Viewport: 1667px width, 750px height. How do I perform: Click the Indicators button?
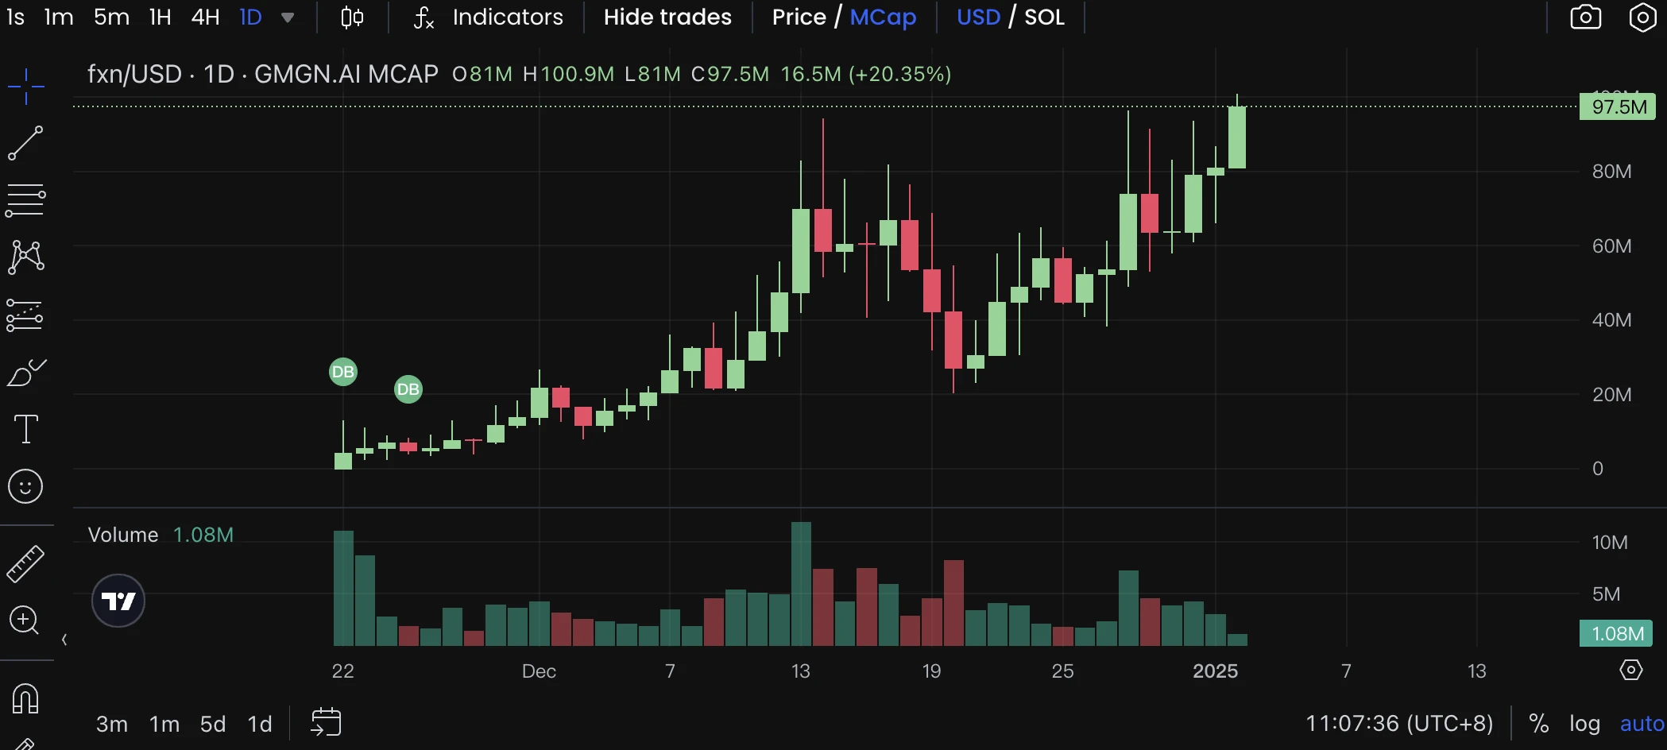tap(507, 17)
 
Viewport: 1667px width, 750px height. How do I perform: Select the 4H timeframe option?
tap(205, 17)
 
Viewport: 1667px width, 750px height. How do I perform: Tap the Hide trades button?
tap(667, 17)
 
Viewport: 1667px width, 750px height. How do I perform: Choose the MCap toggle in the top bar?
tap(883, 17)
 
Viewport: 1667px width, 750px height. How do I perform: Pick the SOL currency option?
tap(1044, 17)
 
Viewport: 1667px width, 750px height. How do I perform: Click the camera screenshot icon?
tap(1585, 17)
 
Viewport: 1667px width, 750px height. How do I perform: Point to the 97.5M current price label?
tap(1618, 107)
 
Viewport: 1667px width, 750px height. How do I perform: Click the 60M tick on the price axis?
tap(1611, 246)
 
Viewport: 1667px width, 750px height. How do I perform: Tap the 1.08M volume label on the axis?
tap(1616, 633)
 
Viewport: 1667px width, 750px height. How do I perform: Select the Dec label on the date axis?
tap(539, 671)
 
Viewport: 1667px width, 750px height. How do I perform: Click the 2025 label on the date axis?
tap(1215, 671)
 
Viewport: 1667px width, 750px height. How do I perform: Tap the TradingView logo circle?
tap(118, 601)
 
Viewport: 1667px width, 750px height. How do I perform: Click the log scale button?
tap(1584, 724)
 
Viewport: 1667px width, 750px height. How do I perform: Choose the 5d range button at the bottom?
tap(213, 724)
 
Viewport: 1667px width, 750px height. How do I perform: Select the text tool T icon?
tap(26, 429)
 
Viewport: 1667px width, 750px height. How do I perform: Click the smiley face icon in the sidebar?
tap(25, 486)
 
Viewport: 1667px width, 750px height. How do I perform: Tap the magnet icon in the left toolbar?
tap(25, 699)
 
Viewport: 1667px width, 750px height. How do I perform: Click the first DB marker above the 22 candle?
tap(343, 372)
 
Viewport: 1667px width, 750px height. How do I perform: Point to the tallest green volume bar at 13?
tap(801, 584)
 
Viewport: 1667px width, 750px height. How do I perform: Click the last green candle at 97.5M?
tap(1236, 137)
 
